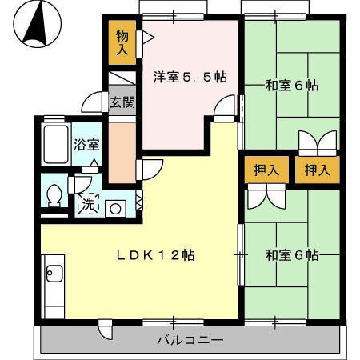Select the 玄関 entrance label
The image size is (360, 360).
[x=122, y=102]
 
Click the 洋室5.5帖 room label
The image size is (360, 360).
[x=190, y=78]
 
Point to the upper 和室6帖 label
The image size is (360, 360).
[x=292, y=85]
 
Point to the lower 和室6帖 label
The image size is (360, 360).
[x=292, y=255]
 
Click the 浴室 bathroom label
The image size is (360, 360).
[x=86, y=146]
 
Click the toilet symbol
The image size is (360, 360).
[x=54, y=194]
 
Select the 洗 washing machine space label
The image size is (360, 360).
[x=87, y=204]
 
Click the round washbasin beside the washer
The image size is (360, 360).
[x=114, y=207]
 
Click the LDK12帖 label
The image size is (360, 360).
[x=156, y=256]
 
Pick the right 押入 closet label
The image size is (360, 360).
[x=318, y=170]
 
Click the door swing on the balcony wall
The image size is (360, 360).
[x=105, y=328]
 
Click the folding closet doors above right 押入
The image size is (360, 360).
[x=317, y=142]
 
